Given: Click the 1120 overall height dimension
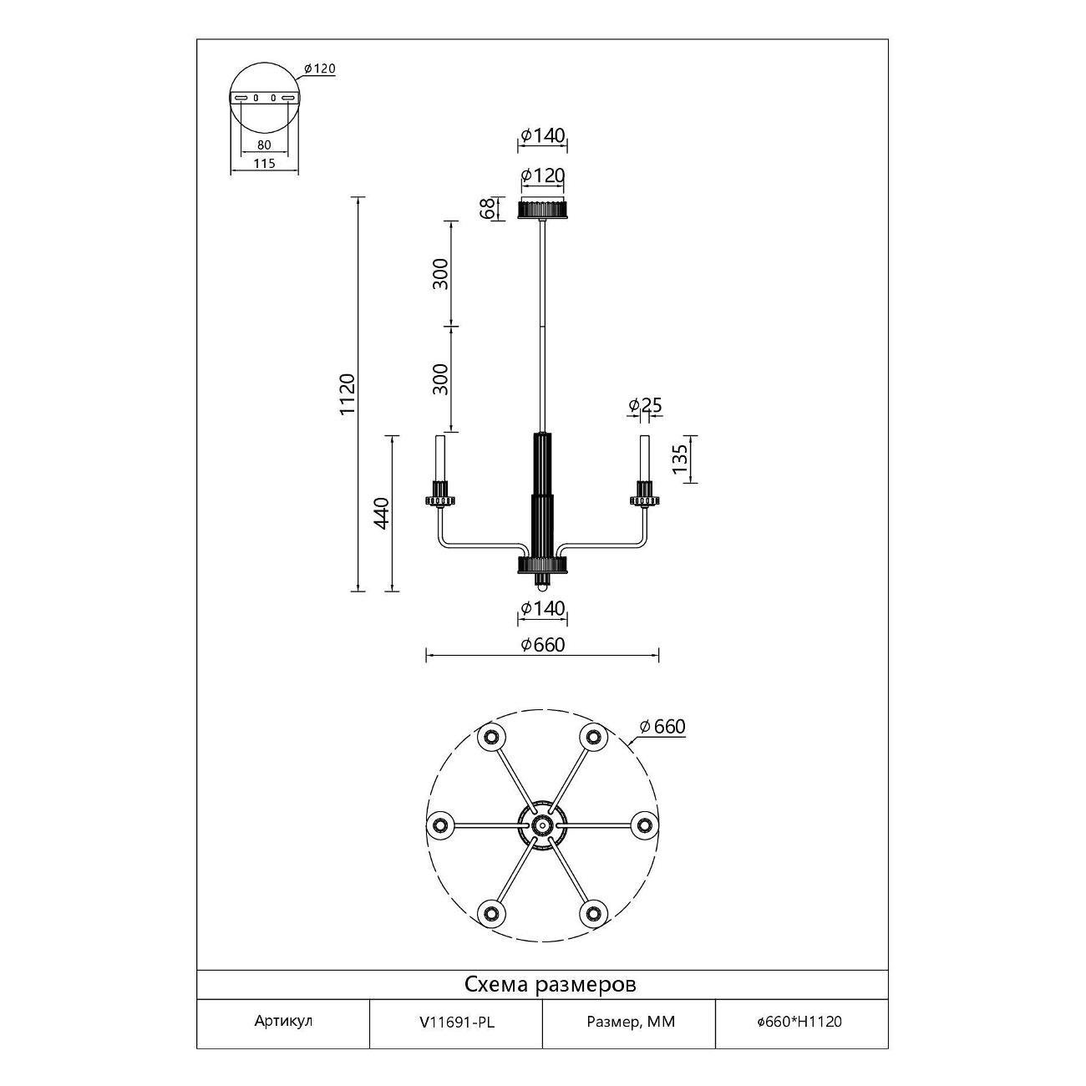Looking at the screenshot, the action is pyautogui.click(x=348, y=394).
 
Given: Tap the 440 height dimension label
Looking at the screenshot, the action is pyautogui.click(x=382, y=514).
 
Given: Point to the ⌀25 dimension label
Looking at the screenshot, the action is pyautogui.click(x=645, y=405).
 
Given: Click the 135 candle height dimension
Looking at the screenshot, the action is pyautogui.click(x=680, y=459).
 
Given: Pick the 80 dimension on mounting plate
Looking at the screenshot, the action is pyautogui.click(x=264, y=145).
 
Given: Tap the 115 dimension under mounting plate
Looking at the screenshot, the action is pyautogui.click(x=264, y=164).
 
